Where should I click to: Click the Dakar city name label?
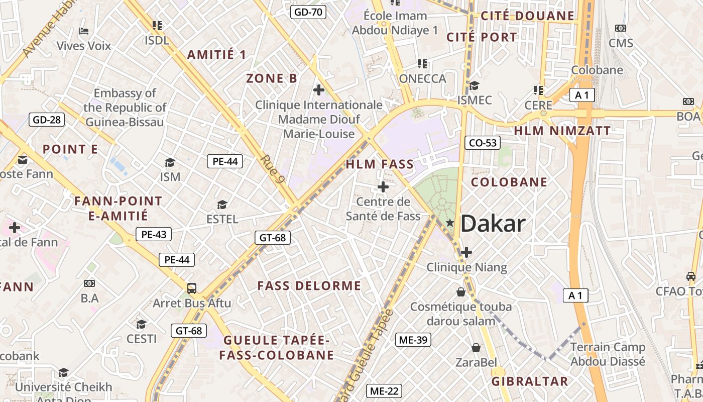pos(493,224)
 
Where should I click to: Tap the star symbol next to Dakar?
pos(450,223)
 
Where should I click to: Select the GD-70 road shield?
pos(308,12)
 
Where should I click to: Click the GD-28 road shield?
pos(47,120)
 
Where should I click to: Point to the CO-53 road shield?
pos(482,143)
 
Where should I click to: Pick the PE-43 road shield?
pos(154,234)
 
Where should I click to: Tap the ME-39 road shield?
pos(413,340)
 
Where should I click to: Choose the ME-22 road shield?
pos(385,391)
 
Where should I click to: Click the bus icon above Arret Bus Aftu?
pos(191,288)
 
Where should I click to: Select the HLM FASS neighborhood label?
pos(380,164)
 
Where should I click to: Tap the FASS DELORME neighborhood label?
pos(309,286)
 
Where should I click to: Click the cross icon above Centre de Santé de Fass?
pos(383,187)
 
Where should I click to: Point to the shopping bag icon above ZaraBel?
pos(476,347)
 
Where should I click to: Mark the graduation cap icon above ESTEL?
pos(222,205)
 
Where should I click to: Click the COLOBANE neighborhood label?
pos(509,182)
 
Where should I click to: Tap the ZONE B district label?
pos(272,78)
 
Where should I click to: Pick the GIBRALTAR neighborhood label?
pos(529,381)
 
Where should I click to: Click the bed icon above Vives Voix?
pos(84,31)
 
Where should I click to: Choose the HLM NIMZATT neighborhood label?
pos(562,131)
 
